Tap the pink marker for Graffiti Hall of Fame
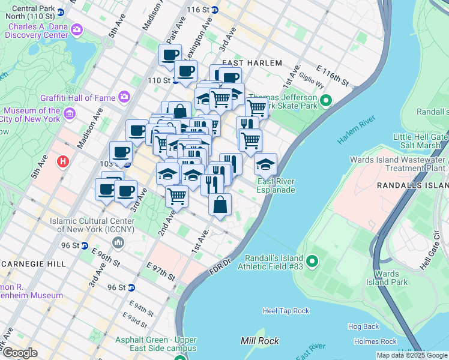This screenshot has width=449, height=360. pyautogui.click(x=124, y=96)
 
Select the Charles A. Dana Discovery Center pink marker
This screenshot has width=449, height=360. pyautogui.click(x=76, y=29)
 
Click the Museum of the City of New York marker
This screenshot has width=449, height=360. pyautogui.click(x=70, y=113)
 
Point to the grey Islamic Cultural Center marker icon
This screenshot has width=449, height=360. pyautogui.click(x=118, y=242)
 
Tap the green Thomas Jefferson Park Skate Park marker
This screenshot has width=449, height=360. pyautogui.click(x=326, y=100)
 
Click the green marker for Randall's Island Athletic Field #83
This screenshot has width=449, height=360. pyautogui.click(x=312, y=262)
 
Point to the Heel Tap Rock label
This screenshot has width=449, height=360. pyautogui.click(x=286, y=311)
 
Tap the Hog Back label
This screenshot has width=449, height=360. pyautogui.click(x=363, y=326)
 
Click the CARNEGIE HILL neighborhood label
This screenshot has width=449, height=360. pyautogui.click(x=29, y=263)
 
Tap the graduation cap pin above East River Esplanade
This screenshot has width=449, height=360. pyautogui.click(x=265, y=164)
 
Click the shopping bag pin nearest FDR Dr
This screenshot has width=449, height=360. pyautogui.click(x=220, y=205)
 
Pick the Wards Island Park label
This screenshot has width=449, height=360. pyautogui.click(x=391, y=278)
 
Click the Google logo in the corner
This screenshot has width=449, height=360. pyautogui.click(x=20, y=353)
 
